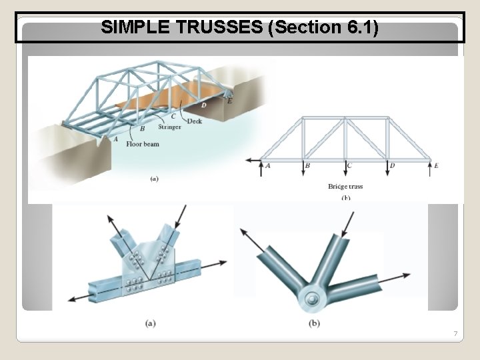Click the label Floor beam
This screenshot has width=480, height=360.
(x=143, y=144)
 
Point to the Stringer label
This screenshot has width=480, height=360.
(x=169, y=127)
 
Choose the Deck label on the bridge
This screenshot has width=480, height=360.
(x=195, y=121)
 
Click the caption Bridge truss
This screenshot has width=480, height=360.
(x=345, y=187)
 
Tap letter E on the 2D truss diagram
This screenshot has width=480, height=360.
(x=437, y=165)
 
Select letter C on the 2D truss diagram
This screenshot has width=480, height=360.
(x=349, y=165)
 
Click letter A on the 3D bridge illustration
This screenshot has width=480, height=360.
(x=115, y=139)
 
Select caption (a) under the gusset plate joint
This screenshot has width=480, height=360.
(x=151, y=323)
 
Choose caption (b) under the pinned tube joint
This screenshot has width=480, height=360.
(x=314, y=323)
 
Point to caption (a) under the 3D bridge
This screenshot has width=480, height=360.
(x=154, y=178)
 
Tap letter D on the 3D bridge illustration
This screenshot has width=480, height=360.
(x=203, y=105)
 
